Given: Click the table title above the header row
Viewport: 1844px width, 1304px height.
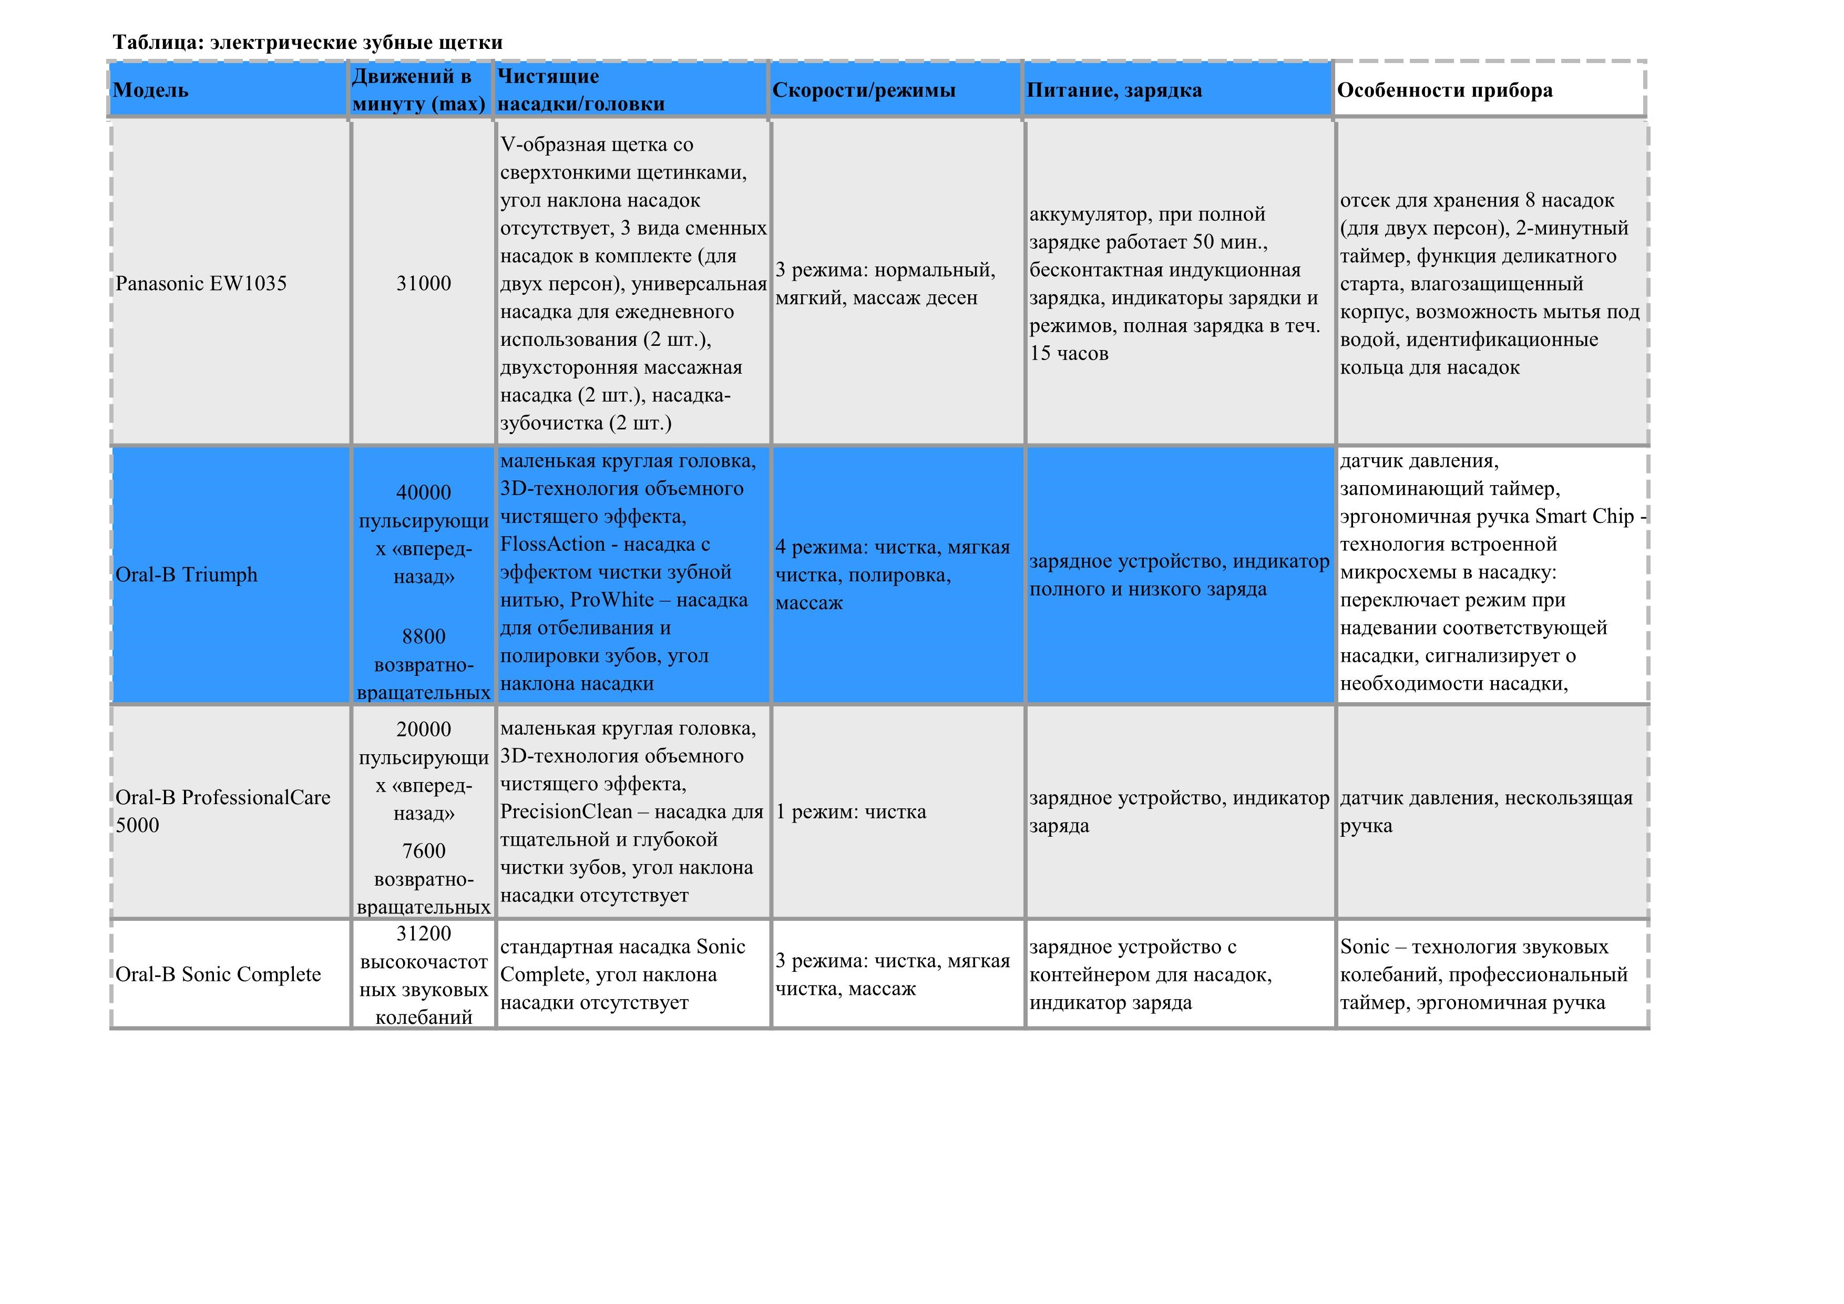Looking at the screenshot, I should [308, 43].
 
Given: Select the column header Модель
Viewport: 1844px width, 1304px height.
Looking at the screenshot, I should [150, 90].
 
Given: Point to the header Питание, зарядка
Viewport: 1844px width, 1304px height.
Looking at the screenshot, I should [1114, 90].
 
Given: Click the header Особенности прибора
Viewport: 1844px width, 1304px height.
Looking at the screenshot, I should [1444, 90].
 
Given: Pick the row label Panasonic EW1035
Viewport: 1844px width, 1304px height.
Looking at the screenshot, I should [201, 283].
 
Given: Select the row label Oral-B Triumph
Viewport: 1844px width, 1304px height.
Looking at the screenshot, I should [186, 575].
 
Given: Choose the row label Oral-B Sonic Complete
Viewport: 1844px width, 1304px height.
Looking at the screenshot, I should [218, 975].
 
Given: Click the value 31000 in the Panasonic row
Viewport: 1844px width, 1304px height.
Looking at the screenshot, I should [423, 283].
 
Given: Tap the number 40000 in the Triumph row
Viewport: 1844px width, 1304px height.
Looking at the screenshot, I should [423, 492].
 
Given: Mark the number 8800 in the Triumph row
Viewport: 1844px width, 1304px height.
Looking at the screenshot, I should [423, 636].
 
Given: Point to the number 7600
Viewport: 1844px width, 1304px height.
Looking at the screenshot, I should [423, 851].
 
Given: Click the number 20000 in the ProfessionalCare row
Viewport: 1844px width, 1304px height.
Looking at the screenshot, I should [423, 729].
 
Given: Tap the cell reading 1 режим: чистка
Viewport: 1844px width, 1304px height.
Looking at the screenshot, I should [851, 812].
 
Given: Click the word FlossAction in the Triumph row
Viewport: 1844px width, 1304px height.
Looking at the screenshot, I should [552, 545].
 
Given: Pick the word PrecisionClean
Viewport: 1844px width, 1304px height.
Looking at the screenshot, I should [566, 812].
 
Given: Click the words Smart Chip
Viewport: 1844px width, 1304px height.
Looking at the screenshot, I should [1584, 516].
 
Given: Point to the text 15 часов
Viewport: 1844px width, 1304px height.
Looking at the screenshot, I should [1069, 353].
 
